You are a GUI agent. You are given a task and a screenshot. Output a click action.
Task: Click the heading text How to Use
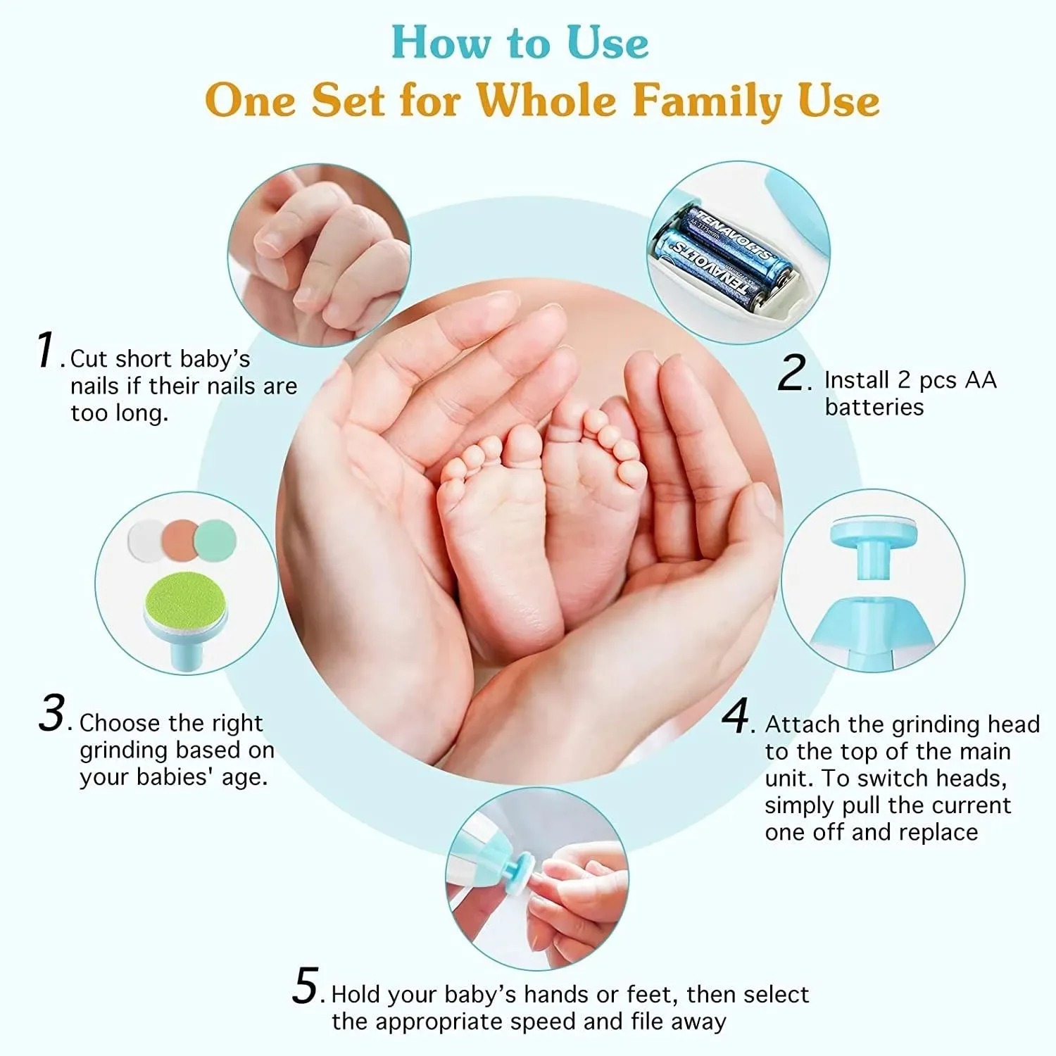[520, 42]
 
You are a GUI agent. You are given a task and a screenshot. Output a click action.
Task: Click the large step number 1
[46, 350]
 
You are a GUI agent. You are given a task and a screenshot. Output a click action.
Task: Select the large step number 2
[793, 372]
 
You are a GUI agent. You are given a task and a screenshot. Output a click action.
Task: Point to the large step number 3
[52, 713]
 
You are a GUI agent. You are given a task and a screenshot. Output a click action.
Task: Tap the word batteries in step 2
[874, 407]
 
